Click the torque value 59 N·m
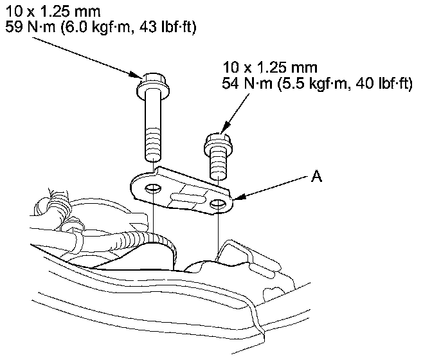point(30,28)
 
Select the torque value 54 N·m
point(247,83)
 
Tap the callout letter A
point(316,175)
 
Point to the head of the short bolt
point(218,144)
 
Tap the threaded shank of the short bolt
point(218,166)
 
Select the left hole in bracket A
point(153,188)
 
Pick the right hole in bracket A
point(218,204)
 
